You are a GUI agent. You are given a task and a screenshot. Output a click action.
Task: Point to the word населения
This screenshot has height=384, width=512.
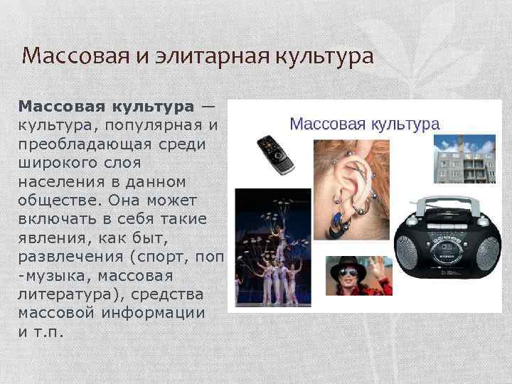click(62, 181)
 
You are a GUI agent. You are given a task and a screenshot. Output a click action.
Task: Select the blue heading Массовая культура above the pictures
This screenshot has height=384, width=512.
click(365, 123)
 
